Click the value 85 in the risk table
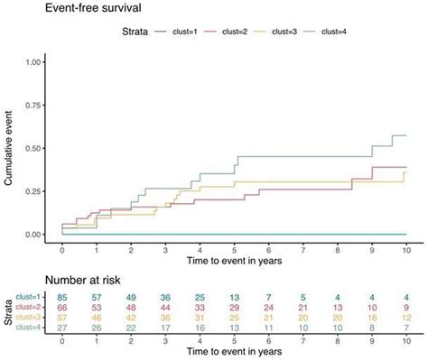click(x=62, y=297)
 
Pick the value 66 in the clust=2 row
click(x=62, y=308)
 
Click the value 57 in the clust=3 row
click(x=62, y=318)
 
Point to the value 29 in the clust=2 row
click(x=234, y=308)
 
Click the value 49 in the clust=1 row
click(x=131, y=297)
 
